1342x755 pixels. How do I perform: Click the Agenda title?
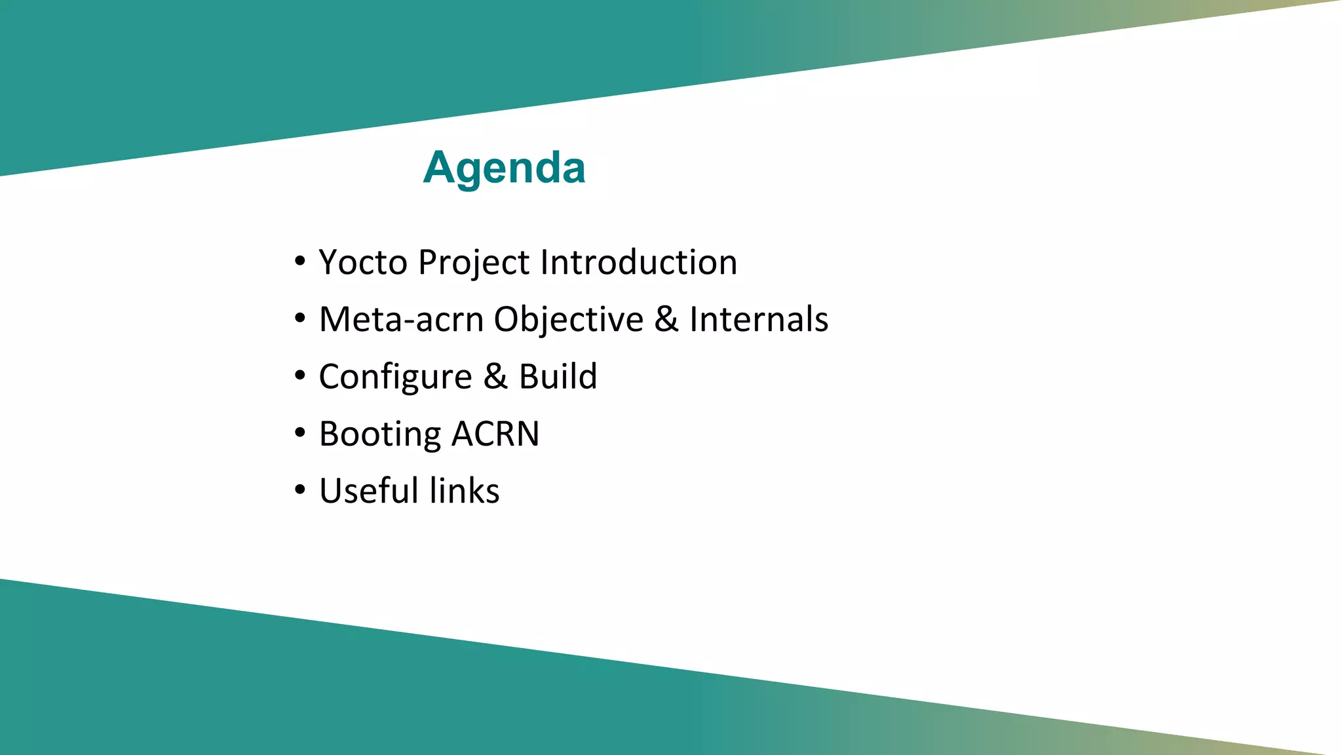pos(504,168)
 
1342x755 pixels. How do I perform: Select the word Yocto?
pos(363,262)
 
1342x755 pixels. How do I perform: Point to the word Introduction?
pos(639,262)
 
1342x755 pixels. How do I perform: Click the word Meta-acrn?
pos(401,320)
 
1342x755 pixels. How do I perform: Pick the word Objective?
pos(568,320)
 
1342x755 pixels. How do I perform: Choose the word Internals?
pos(758,319)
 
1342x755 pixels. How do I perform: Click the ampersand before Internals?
pos(666,319)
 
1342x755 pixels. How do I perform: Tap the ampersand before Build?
pos(495,377)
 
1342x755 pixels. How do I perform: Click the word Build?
pos(558,377)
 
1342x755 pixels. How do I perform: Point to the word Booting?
pos(380,435)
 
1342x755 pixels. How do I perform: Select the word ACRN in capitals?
pos(495,434)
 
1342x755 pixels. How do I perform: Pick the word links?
pos(465,491)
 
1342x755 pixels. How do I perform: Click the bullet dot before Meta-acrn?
pos(300,319)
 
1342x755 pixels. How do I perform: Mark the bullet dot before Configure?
pos(300,376)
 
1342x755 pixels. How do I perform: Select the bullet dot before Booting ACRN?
pos(300,433)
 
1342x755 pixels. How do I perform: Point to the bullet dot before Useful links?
pos(300,490)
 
